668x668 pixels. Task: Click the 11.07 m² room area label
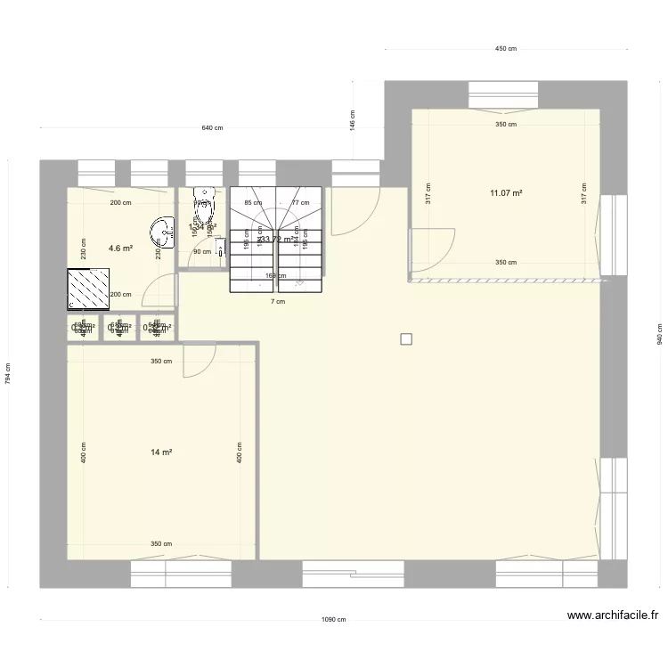coord(505,192)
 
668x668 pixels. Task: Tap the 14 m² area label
coord(161,452)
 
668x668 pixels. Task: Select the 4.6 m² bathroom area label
coord(120,248)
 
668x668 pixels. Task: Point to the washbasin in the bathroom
coord(162,232)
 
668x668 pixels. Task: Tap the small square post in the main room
coord(406,338)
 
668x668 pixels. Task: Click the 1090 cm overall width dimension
coord(333,621)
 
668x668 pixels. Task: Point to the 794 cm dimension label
coord(7,372)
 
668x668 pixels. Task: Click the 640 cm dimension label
coord(212,128)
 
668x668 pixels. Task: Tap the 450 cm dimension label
coord(505,50)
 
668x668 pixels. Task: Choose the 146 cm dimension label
coord(353,120)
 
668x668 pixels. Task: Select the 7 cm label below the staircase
coord(278,301)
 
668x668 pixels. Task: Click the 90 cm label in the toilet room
coord(202,251)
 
